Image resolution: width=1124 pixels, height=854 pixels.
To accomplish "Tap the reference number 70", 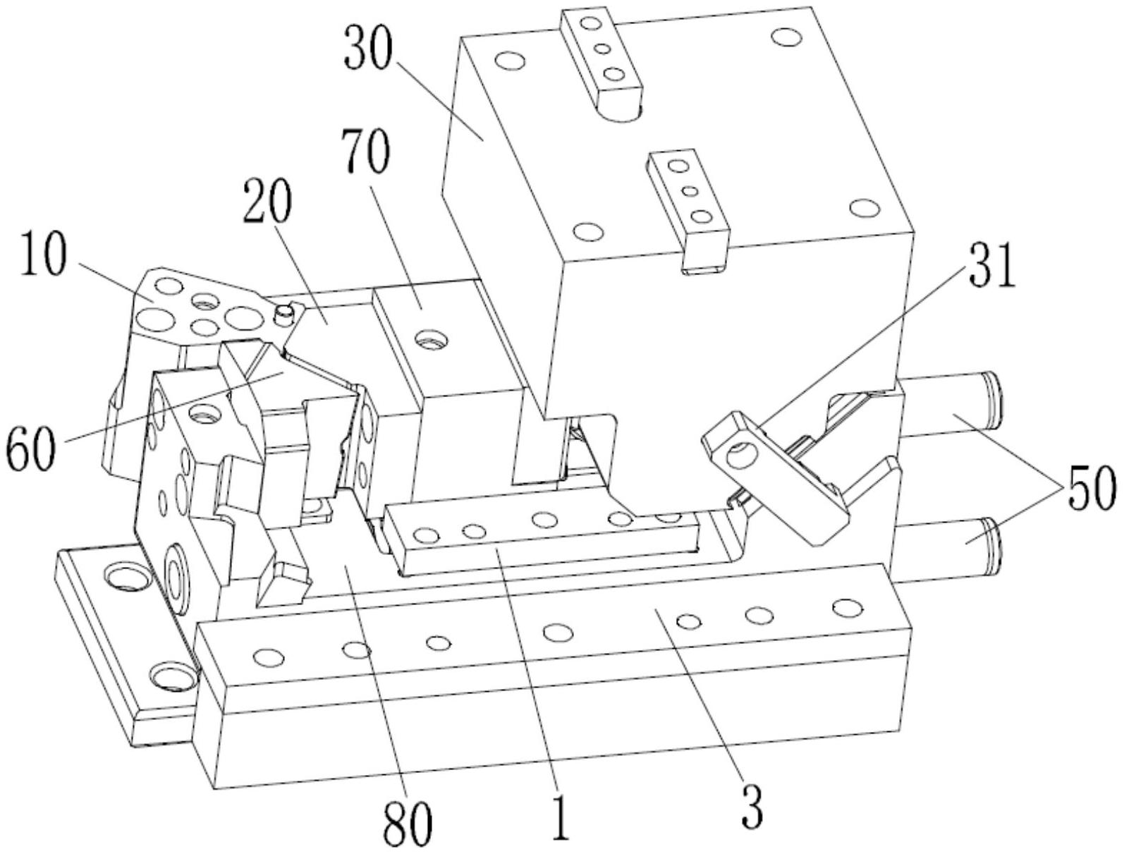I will tap(367, 156).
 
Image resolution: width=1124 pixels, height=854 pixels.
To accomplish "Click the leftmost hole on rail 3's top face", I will tap(267, 657).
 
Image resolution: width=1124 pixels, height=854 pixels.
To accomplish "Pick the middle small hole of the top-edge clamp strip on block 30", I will tap(602, 49).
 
